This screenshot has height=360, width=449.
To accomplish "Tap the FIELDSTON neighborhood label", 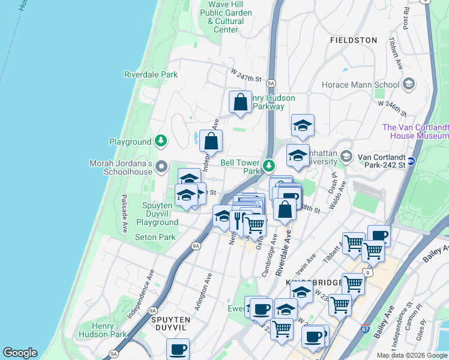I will [354, 40].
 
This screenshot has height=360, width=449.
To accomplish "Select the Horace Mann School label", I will [361, 85].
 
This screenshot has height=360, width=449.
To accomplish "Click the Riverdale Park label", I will [151, 74].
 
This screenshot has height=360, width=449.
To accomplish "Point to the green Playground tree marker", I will [160, 141].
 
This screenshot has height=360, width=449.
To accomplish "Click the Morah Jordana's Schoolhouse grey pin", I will [160, 166].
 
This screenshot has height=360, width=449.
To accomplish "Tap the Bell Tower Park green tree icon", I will [269, 164].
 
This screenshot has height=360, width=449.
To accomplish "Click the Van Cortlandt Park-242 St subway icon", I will [412, 161].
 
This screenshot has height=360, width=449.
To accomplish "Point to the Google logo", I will [20, 353].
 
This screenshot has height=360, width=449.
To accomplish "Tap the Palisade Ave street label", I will [125, 214].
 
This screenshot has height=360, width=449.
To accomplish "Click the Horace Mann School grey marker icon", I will [410, 83].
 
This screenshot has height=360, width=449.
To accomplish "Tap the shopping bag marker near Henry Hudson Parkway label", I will [240, 103].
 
